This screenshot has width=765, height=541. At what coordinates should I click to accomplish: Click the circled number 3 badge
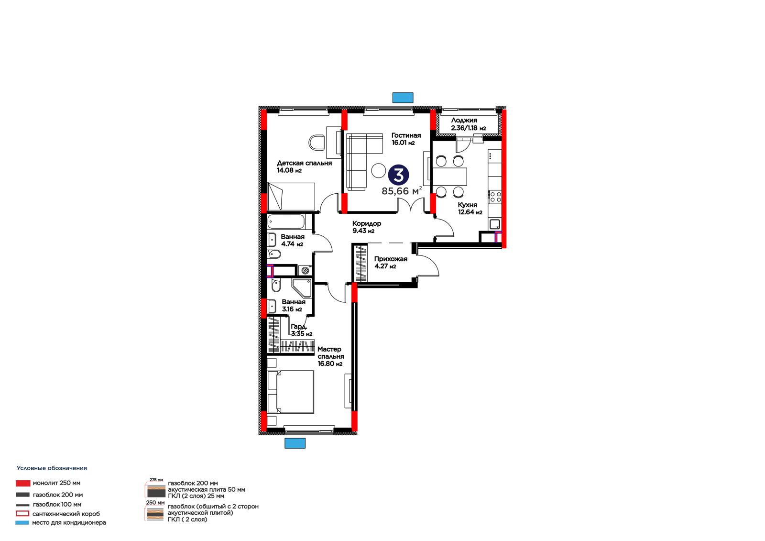[x=399, y=175]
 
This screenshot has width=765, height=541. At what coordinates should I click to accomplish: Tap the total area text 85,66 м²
[x=402, y=191]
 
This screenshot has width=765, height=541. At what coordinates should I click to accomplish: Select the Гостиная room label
[x=406, y=135]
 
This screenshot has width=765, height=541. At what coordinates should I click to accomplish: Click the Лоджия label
[x=464, y=120]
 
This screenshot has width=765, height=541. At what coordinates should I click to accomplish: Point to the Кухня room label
[x=468, y=205]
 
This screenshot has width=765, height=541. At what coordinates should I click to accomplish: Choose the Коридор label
[x=367, y=223]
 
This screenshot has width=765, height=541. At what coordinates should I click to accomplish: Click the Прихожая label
[x=391, y=259]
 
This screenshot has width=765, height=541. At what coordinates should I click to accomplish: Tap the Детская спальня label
[x=304, y=163]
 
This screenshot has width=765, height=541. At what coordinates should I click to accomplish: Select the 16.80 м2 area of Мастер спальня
[x=330, y=364]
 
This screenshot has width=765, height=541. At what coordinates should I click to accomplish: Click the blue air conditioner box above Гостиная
[x=403, y=98]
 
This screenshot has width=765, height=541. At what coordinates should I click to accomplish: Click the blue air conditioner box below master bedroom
[x=295, y=443]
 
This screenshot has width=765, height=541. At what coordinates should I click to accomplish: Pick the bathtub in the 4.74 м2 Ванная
[x=286, y=222]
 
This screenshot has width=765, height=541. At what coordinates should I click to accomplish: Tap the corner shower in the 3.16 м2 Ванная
[x=302, y=288]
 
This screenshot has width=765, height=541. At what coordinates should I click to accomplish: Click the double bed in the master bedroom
[x=291, y=392]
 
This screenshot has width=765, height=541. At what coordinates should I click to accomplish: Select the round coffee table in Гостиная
[x=378, y=170]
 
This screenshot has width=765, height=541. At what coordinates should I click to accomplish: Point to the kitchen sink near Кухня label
[x=494, y=224]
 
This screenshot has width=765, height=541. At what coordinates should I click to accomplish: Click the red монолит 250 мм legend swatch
[x=23, y=483]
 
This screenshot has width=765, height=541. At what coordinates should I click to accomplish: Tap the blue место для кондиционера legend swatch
[x=22, y=522]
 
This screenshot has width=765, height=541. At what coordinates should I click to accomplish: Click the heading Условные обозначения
[x=52, y=468]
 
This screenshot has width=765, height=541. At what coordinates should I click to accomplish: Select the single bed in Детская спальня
[x=291, y=197]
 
